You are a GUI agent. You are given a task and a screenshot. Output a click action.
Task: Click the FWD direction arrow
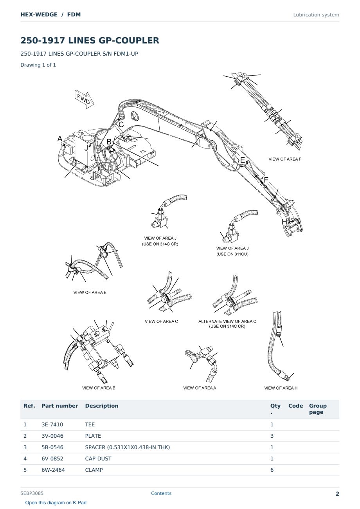click(85, 99)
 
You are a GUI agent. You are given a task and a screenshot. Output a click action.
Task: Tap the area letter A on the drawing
click(60, 139)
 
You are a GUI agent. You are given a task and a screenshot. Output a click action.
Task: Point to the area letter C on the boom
click(121, 125)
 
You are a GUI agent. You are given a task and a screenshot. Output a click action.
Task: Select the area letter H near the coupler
click(284, 222)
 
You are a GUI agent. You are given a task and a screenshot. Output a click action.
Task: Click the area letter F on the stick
click(266, 180)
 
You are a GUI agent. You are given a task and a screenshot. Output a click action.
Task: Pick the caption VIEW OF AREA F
click(285, 159)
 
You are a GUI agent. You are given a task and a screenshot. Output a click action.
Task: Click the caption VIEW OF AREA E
click(90, 292)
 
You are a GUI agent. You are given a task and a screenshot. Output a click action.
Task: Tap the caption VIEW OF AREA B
click(99, 388)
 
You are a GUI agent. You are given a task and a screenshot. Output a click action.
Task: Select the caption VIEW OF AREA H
click(281, 388)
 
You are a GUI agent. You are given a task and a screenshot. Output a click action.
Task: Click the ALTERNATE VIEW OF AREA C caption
click(227, 321)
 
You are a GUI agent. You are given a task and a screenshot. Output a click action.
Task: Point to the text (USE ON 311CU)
click(232, 254)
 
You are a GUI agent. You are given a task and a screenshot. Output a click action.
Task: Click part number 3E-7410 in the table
click(52, 424)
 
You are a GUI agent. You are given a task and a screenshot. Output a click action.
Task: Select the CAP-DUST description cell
click(98, 458)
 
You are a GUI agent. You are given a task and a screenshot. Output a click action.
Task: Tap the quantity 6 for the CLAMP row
click(272, 470)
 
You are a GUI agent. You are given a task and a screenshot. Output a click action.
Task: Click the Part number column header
click(60, 406)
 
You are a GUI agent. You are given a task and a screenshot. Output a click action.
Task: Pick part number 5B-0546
click(52, 447)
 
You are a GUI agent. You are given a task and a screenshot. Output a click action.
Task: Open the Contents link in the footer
click(161, 493)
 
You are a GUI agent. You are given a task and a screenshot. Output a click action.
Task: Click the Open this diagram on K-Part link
click(56, 503)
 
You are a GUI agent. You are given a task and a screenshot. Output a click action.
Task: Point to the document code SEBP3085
click(32, 493)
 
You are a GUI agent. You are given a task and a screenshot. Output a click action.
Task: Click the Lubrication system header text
click(316, 15)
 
